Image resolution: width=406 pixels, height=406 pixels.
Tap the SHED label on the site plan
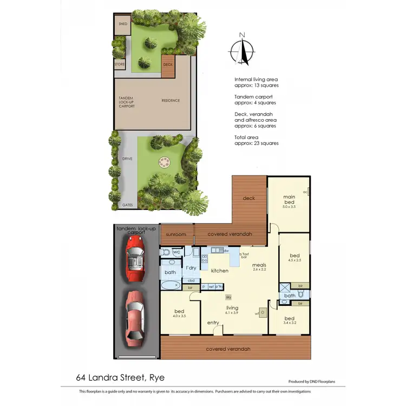[122, 24]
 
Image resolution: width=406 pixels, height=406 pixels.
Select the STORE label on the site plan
[120, 64]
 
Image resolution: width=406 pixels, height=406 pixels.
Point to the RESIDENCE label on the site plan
[171, 101]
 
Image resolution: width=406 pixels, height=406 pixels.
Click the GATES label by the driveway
[128, 205]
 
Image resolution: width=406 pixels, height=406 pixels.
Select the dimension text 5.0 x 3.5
[289, 206]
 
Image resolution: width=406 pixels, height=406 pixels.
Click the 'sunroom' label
[175, 234]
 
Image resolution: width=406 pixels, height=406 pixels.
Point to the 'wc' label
[176, 252]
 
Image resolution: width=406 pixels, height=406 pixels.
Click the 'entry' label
[213, 323]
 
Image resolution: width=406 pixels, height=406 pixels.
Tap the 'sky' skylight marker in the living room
[228, 297]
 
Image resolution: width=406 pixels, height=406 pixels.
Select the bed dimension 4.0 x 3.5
[179, 316]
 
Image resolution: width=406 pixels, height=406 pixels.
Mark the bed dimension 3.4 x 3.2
[290, 324]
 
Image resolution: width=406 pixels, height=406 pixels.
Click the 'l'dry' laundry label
[191, 268]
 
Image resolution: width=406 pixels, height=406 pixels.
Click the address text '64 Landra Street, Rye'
[120, 377]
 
